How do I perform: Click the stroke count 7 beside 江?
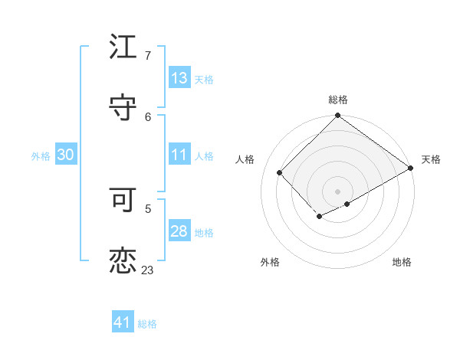148,55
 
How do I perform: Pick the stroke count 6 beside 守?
148,116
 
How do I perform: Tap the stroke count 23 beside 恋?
148,270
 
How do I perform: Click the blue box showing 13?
179,78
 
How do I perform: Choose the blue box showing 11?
179,155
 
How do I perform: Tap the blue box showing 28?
179,231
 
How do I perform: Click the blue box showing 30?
66,155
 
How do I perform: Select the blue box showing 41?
123,323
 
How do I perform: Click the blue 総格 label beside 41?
147,324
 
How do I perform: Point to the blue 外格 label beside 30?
41,155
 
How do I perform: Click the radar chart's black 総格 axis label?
338,100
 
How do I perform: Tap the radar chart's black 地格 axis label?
402,263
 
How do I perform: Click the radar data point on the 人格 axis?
280,173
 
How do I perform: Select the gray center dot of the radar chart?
338,191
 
